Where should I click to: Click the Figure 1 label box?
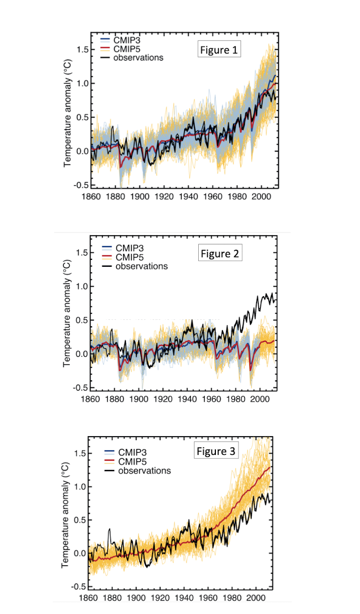tap(219, 50)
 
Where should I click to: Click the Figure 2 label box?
tap(221, 253)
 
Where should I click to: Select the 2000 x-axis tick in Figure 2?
tap(260, 399)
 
